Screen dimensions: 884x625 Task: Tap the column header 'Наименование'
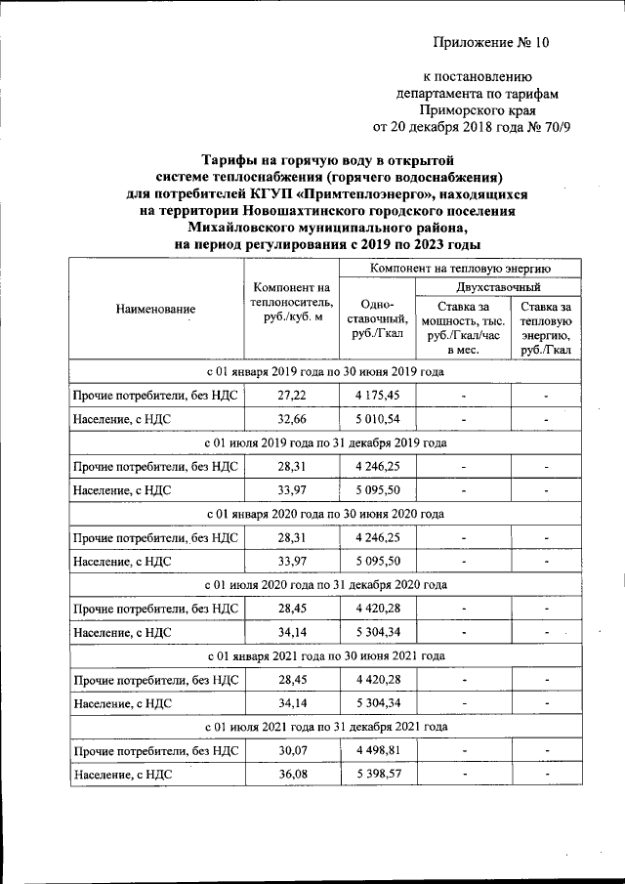pos(155,309)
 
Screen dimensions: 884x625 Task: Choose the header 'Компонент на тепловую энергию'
pos(460,267)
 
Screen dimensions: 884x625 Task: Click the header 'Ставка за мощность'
pos(464,327)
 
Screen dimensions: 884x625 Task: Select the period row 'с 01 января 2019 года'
pos(325,372)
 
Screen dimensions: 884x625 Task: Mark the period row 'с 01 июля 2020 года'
pos(325,584)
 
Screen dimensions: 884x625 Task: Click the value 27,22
pos(292,396)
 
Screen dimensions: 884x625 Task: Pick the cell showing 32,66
pos(292,419)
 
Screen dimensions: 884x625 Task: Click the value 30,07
pos(292,750)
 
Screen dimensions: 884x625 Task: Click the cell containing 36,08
pos(292,774)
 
